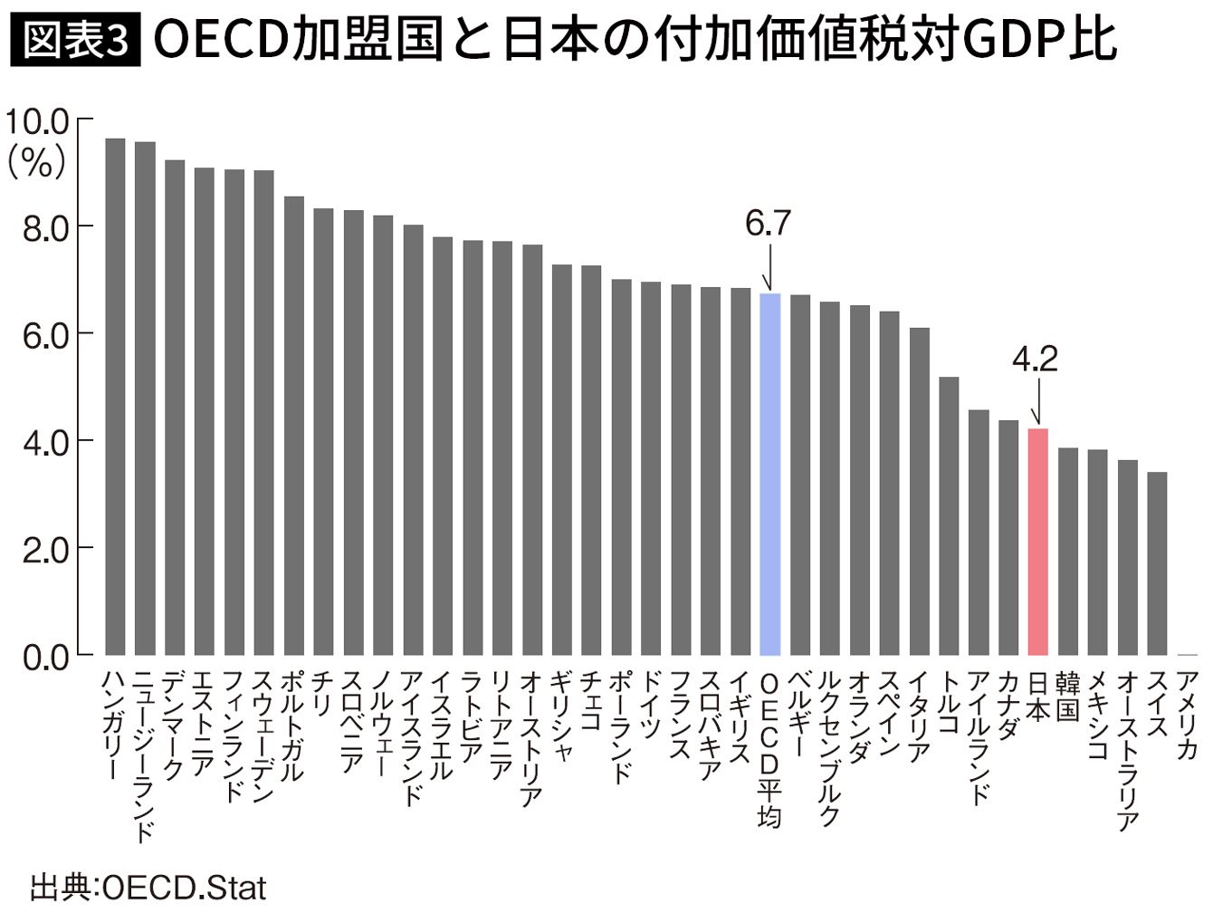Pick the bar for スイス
(x=1157, y=562)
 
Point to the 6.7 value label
(x=768, y=223)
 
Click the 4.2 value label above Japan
(x=1035, y=360)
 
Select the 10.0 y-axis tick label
(x=39, y=120)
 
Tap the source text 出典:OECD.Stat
(x=148, y=887)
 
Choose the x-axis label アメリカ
(x=1187, y=715)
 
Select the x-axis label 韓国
(x=1068, y=697)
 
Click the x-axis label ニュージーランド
(x=145, y=756)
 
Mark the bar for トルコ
(x=949, y=515)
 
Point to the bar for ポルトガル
(x=293, y=425)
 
